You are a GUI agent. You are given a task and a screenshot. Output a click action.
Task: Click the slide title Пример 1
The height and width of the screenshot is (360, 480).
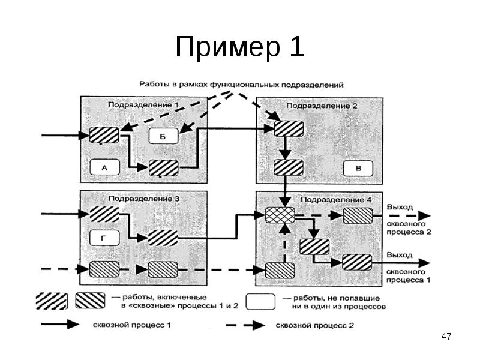coord(239,48)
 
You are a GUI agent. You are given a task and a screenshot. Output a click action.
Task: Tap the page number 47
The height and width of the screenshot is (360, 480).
coord(445,337)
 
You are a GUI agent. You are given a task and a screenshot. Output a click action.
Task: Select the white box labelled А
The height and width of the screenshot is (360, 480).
coord(104,168)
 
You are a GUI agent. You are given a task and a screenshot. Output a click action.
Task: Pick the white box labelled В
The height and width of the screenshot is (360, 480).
coord(359,168)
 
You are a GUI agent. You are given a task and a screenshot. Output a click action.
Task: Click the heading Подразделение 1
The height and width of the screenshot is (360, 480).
coord(143,105)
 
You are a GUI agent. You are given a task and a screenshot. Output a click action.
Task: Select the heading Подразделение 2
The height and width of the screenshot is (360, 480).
coord(322,106)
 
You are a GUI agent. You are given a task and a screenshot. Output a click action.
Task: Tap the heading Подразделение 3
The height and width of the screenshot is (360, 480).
coord(143,199)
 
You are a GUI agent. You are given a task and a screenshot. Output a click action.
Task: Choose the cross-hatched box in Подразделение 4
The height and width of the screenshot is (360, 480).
coord(280,215)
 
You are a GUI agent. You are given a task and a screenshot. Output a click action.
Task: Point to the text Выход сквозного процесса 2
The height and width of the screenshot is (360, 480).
coord(409,219)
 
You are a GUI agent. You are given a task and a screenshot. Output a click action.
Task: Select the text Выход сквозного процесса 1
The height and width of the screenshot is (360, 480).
coord(409,267)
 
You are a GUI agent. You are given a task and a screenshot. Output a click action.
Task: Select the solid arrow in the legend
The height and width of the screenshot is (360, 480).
coord(59,324)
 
